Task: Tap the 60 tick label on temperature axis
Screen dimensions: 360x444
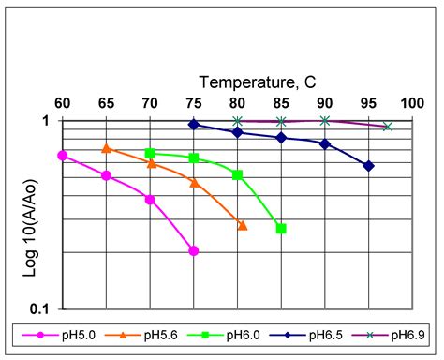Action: [63, 103]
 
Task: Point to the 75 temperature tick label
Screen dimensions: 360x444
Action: [194, 103]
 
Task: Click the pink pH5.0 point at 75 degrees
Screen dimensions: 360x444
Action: [194, 250]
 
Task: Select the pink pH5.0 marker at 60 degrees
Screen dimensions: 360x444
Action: [63, 156]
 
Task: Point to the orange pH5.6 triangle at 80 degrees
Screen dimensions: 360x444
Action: [243, 225]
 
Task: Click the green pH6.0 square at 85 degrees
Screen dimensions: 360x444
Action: [281, 229]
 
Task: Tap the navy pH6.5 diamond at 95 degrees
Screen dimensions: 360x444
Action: [369, 166]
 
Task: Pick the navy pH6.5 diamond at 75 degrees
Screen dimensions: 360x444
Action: [194, 124]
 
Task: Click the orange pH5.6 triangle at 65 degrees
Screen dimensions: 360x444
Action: [107, 148]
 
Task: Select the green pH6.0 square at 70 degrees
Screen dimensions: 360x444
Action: [150, 153]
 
